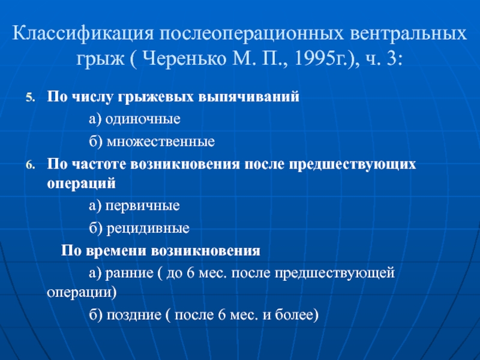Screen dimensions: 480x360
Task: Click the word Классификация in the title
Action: pos(83,34)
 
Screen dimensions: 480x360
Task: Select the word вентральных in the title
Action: pos(408,34)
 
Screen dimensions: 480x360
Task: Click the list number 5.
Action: pos(31,98)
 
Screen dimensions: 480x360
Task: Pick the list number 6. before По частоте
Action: pos(31,166)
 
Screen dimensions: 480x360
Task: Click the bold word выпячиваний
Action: pos(248,97)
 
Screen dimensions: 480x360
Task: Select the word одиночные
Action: pos(143,119)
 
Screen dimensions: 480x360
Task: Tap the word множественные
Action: pos(161,142)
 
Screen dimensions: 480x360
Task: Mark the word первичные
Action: pos(143,206)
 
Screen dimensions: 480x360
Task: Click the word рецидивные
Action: pos(148,229)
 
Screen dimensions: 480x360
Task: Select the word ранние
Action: pos(129,274)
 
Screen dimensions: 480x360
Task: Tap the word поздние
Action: pos(134,314)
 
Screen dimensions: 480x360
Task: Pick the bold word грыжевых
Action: pos(156,97)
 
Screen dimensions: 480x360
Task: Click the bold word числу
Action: pos(93,97)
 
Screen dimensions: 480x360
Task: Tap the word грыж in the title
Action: pos(100,59)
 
